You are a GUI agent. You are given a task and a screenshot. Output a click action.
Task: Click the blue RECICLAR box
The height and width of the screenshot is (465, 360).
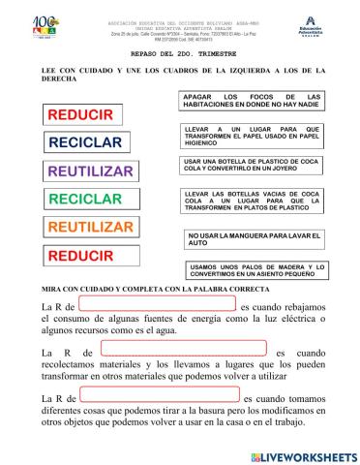[85, 142]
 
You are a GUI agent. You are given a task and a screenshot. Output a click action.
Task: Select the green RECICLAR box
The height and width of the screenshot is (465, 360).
[85, 200]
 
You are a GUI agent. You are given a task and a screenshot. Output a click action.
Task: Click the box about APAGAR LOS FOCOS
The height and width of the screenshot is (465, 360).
[252, 102]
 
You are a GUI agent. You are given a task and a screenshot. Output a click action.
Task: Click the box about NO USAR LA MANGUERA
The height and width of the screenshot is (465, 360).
[252, 238]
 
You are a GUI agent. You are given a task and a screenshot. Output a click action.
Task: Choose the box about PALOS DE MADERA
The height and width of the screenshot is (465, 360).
[254, 269]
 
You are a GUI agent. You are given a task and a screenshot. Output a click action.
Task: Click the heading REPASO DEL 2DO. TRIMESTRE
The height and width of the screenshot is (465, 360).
[179, 55]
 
